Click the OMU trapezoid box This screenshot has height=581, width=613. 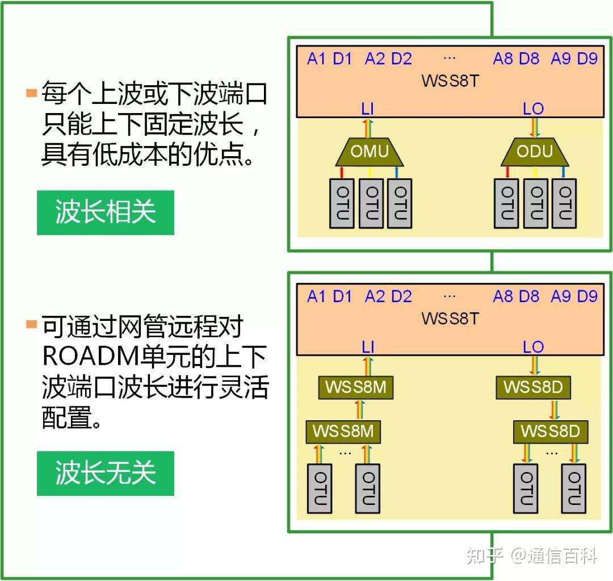(x=369, y=151)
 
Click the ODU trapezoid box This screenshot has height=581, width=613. (x=535, y=151)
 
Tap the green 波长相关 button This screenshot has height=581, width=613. (x=106, y=212)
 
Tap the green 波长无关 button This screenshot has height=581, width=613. (x=106, y=473)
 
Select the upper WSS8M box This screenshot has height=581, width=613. (x=355, y=387)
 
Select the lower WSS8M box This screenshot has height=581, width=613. (x=343, y=432)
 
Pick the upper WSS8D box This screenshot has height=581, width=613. (x=532, y=387)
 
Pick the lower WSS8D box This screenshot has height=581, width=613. (x=550, y=432)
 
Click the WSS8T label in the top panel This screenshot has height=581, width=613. (x=450, y=80)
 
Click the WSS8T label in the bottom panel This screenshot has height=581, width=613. (x=450, y=318)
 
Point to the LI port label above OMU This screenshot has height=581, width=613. (x=368, y=108)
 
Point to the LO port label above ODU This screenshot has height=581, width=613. (x=533, y=108)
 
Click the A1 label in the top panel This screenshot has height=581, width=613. (x=316, y=58)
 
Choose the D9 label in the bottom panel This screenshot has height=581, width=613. (x=587, y=296)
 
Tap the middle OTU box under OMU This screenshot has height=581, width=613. (x=371, y=203)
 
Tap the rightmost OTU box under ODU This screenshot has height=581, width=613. (x=565, y=203)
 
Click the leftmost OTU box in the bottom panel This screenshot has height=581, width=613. (x=320, y=488)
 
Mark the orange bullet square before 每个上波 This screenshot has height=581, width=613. (x=31, y=92)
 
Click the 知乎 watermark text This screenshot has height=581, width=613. (x=485, y=556)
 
